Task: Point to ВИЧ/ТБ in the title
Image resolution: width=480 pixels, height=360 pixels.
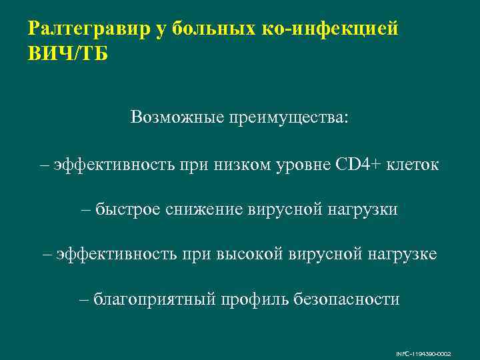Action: tap(67, 53)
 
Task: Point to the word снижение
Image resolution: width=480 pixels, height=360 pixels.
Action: tap(203, 209)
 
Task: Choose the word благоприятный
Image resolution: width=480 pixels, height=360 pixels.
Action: tap(154, 299)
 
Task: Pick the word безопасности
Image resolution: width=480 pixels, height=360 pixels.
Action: tap(347, 299)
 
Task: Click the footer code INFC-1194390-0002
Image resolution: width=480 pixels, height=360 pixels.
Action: tap(432, 353)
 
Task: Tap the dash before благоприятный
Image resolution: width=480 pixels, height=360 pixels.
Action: tap(84, 299)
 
